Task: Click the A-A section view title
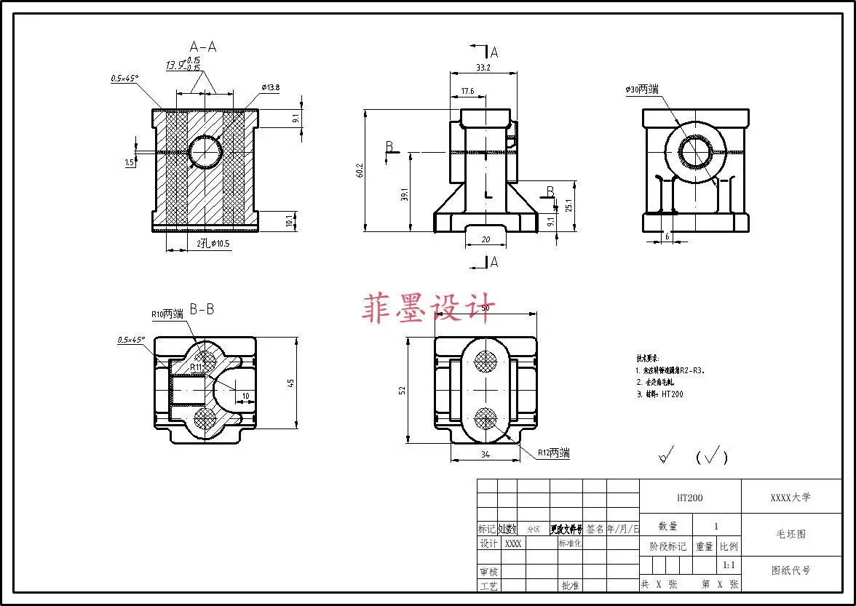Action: pyautogui.click(x=203, y=47)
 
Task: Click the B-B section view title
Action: pyautogui.click(x=202, y=309)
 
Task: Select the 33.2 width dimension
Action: pyautogui.click(x=482, y=67)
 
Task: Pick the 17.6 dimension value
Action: pyautogui.click(x=467, y=91)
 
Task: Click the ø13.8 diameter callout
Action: pyautogui.click(x=269, y=87)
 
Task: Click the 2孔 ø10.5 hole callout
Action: pyautogui.click(x=213, y=244)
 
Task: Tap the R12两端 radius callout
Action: pyautogui.click(x=553, y=453)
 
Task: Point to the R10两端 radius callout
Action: pyautogui.click(x=167, y=314)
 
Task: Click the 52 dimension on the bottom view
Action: pyautogui.click(x=403, y=390)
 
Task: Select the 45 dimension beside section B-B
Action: pyautogui.click(x=291, y=383)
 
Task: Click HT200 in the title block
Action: pyautogui.click(x=689, y=498)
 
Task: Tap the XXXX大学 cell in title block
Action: pyautogui.click(x=790, y=498)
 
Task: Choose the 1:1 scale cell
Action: pyautogui.click(x=728, y=565)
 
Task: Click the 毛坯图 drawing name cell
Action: pyautogui.click(x=790, y=533)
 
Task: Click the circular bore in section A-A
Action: pyautogui.click(x=205, y=151)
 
